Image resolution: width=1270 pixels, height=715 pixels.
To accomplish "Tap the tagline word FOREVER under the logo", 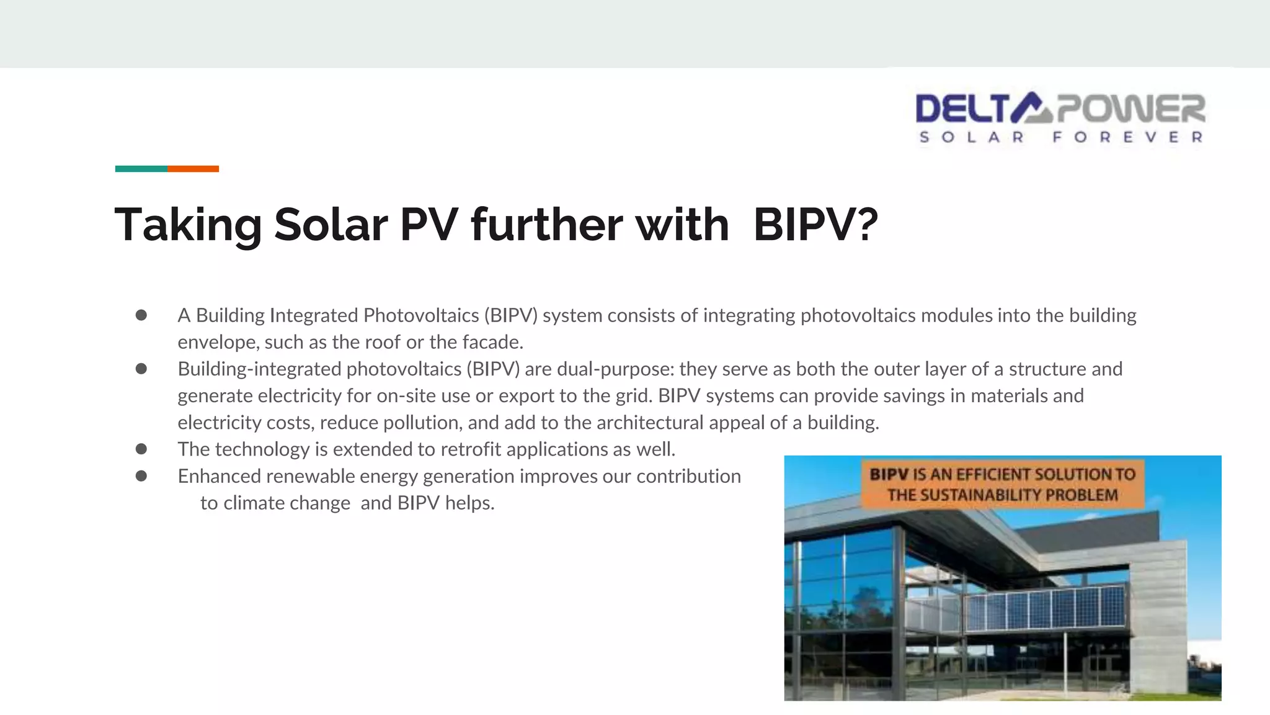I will [x=1127, y=137].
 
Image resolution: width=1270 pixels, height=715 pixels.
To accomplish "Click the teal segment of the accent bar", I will [x=141, y=169].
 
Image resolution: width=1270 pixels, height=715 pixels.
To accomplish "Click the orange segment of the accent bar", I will [x=193, y=169].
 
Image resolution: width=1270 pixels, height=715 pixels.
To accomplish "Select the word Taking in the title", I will [x=188, y=225].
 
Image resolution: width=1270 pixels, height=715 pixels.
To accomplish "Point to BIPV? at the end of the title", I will [x=815, y=225].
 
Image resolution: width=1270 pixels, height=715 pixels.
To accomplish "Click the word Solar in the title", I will [x=331, y=225].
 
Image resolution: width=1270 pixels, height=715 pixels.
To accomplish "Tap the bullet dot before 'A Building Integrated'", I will [x=141, y=315].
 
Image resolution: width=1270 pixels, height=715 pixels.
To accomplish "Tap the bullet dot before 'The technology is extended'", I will [x=141, y=449].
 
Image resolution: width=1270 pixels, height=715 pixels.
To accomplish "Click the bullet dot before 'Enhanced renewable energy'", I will [x=141, y=476].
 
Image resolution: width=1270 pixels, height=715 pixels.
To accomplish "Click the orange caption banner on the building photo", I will [x=1002, y=484].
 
